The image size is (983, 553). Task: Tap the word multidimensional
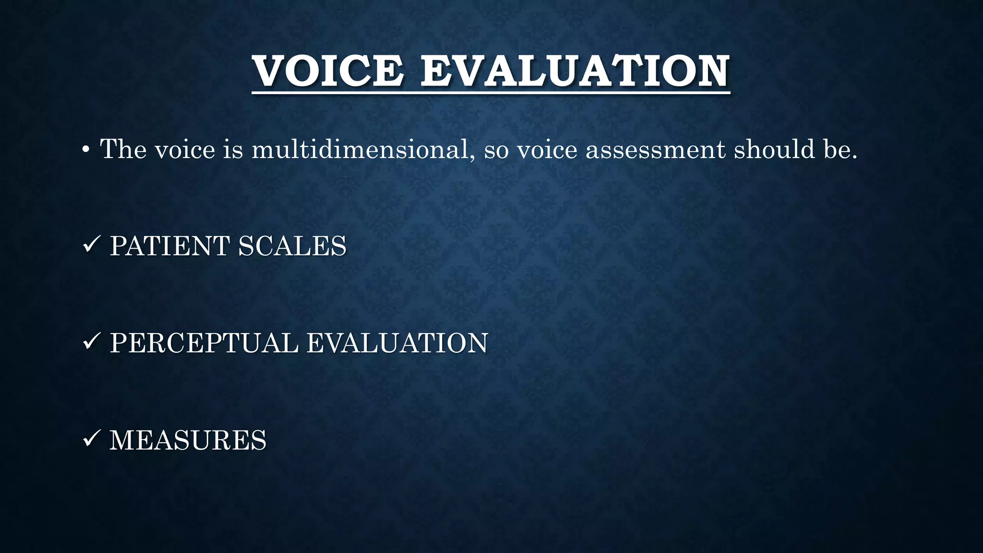[x=360, y=149]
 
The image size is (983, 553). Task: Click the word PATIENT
[x=170, y=246]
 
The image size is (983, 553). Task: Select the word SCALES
[x=292, y=246]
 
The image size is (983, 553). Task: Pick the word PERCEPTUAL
[x=204, y=343]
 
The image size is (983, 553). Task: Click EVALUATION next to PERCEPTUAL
[x=397, y=343]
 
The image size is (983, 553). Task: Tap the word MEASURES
[x=188, y=440]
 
